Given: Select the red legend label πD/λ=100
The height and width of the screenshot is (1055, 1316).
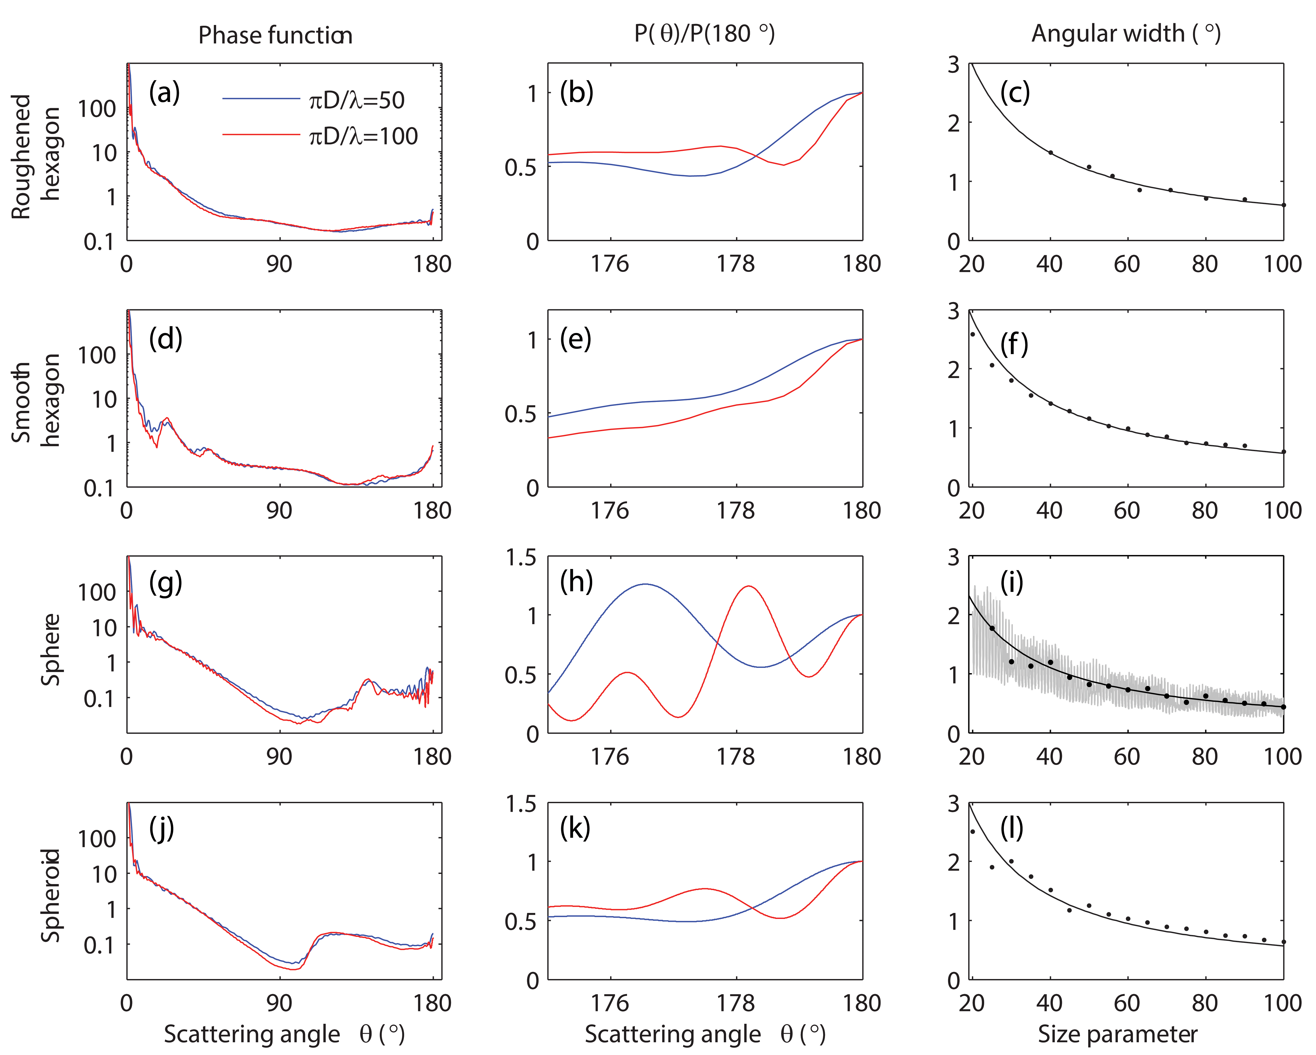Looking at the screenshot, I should coord(363,136).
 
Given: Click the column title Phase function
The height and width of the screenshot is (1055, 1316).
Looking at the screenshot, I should coord(275,35).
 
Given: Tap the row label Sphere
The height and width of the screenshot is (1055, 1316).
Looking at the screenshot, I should coord(51,649).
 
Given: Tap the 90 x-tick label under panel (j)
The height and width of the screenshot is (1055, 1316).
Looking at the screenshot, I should coord(279,1003).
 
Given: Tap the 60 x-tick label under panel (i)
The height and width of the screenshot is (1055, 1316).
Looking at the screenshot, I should coord(1127,756).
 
